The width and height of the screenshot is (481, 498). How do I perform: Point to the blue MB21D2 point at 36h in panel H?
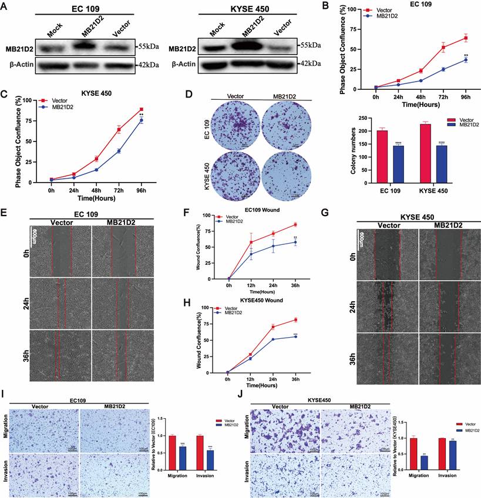(x=296, y=337)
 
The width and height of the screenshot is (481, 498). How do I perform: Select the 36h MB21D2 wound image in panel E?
(x=123, y=358)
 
